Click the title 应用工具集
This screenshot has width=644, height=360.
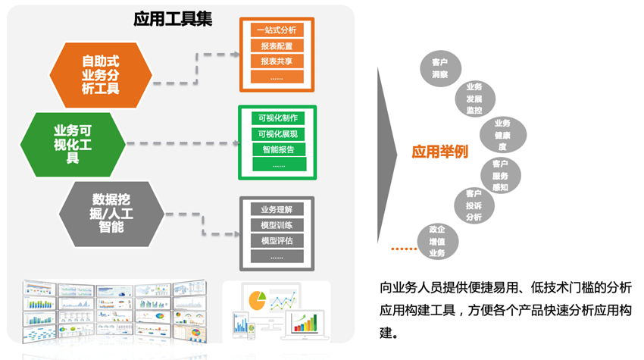point(172,18)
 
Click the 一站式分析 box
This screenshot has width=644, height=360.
point(277,31)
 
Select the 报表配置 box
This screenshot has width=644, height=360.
point(277,46)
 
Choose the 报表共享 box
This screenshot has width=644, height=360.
point(277,61)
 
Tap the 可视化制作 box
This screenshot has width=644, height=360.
point(277,118)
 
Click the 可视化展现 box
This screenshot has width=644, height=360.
point(277,134)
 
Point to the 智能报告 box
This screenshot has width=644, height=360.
point(277,149)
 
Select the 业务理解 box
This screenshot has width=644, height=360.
point(277,209)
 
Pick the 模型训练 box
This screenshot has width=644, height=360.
point(277,225)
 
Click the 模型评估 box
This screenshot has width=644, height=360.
point(277,241)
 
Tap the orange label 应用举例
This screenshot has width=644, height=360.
point(439,152)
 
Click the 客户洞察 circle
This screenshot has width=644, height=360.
point(439,67)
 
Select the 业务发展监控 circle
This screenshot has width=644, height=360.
point(474,99)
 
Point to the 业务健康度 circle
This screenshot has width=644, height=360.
point(502,135)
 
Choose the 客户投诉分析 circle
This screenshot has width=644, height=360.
point(474,205)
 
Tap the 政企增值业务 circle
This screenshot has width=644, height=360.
point(437,241)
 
